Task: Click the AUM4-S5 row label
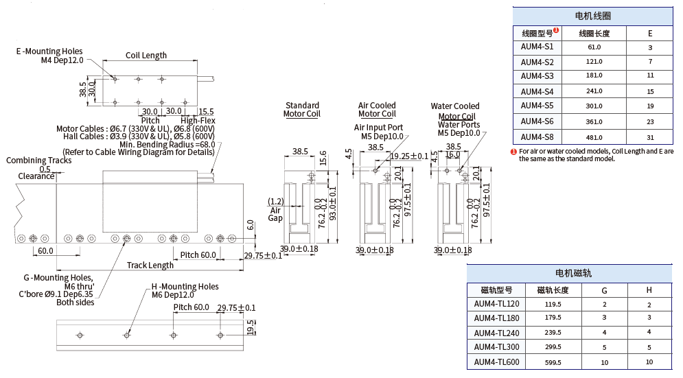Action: (537, 106)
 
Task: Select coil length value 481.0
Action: (594, 137)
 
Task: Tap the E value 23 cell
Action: (649, 121)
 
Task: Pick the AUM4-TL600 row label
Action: (496, 362)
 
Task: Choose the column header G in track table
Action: (604, 290)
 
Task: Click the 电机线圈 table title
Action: (593, 16)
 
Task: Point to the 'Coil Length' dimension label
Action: (146, 56)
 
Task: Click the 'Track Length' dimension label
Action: (150, 265)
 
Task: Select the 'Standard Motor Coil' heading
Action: (302, 110)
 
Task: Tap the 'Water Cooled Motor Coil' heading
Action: (455, 111)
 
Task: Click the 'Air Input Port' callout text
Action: (378, 128)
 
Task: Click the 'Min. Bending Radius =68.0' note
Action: (167, 144)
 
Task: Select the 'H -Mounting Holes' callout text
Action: (185, 287)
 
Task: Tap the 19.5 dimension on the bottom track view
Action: (251, 327)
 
